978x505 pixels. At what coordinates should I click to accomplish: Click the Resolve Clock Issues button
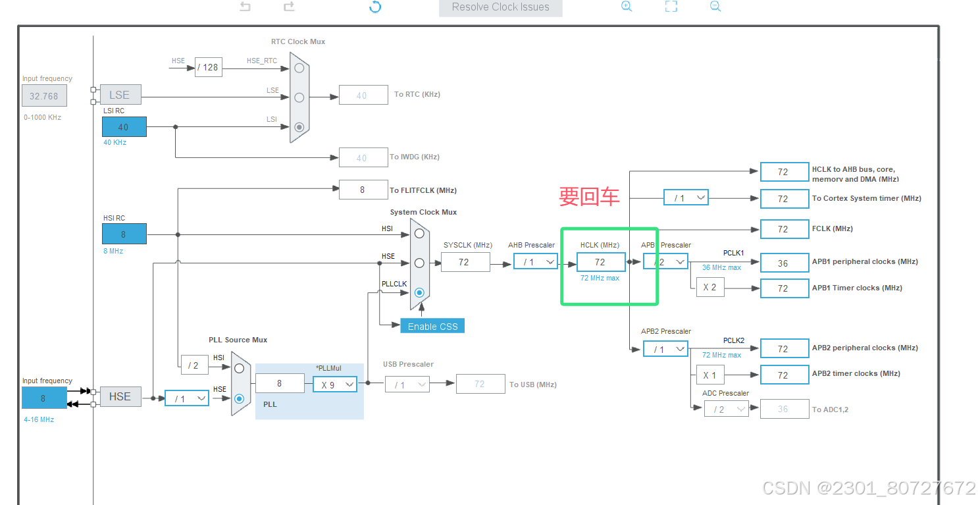pos(500,7)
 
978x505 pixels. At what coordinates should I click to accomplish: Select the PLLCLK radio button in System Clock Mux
pos(419,292)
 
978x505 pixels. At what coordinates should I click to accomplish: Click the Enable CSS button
pos(432,326)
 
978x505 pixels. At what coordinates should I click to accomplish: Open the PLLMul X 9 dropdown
pos(334,385)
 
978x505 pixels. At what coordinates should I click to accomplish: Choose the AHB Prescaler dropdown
pos(535,262)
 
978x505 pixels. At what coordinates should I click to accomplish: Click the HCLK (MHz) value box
pos(600,262)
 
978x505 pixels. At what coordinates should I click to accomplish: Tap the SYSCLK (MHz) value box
pos(465,262)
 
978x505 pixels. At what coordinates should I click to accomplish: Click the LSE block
pos(119,95)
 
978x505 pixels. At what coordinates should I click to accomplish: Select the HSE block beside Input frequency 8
pos(120,396)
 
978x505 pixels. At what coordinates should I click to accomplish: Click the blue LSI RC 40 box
pos(124,127)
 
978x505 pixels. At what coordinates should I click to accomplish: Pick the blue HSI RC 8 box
pos(124,234)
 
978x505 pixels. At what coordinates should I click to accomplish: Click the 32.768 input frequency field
pos(44,96)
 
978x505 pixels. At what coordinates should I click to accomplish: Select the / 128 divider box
pos(208,67)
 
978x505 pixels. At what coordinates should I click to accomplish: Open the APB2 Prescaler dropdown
pos(665,349)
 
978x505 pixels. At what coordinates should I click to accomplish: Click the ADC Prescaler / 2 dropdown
pos(726,410)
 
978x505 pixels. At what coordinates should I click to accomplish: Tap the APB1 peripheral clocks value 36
pos(783,263)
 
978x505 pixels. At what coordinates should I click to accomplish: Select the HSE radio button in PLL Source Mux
pos(239,398)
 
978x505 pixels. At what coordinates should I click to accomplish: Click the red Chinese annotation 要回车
pos(589,196)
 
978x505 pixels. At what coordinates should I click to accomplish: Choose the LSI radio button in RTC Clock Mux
pos(299,127)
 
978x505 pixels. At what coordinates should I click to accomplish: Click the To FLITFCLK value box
pos(363,190)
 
